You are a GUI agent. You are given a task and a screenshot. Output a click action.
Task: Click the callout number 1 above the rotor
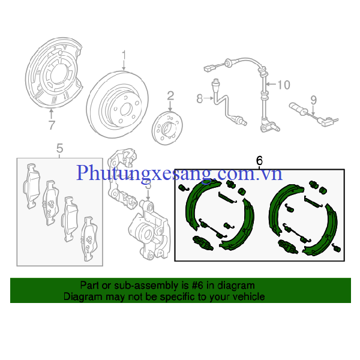pos(124,55)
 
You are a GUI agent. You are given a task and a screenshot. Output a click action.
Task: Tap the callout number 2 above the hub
pos(170,96)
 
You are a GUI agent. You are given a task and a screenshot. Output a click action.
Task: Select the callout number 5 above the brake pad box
pos(59,148)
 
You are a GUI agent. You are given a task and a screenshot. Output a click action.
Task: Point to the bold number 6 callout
pos(259,160)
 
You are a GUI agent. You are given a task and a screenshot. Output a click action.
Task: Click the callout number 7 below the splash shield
pos(52,125)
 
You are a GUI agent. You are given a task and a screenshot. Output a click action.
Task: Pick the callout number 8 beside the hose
pos(200,98)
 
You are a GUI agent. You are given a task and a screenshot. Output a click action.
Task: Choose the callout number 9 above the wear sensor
pos(314,100)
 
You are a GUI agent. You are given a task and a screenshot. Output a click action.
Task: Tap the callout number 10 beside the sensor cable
pos(284,85)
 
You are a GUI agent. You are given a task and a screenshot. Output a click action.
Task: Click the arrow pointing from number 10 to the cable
pos(271,84)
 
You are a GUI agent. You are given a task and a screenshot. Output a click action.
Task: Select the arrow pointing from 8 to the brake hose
pos(209,98)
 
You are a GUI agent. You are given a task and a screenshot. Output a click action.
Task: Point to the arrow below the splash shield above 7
pos(52,114)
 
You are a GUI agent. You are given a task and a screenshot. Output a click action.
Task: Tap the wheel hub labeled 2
pos(167,128)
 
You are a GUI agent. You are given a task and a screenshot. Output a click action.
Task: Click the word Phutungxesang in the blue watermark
pos(144,173)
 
